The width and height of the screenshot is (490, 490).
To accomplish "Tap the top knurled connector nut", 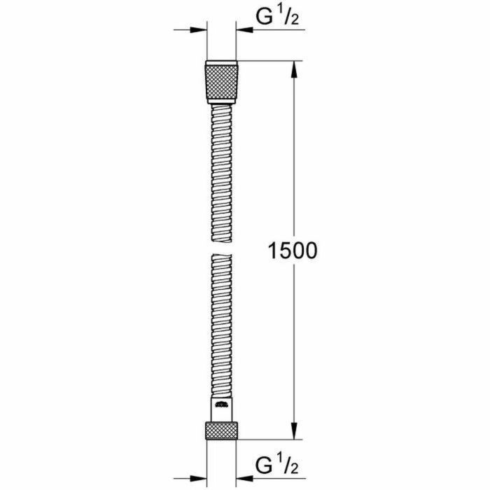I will tap(222, 84).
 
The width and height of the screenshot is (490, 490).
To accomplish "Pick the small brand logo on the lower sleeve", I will tap(222, 404).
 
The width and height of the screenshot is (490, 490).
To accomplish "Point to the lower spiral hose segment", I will tap(222, 322).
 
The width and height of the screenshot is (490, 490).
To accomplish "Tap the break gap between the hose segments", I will tap(222, 245).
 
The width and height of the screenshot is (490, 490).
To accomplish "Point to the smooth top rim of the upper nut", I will tap(222, 64).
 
